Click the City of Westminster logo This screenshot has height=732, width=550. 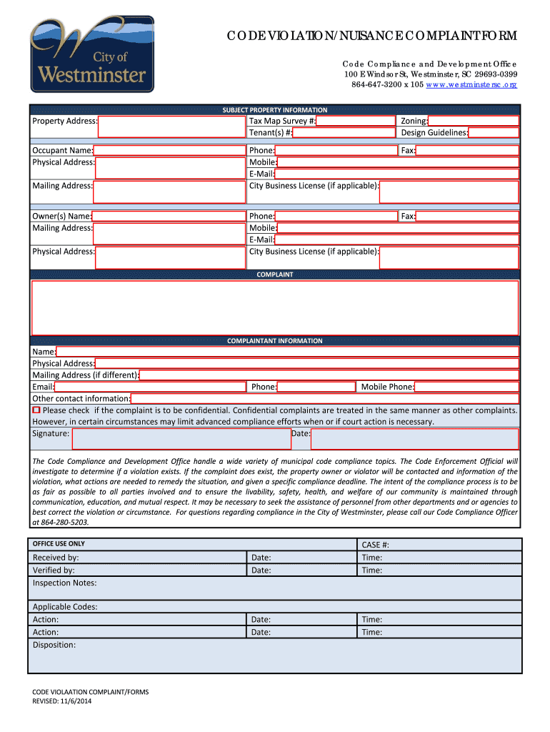tap(91, 55)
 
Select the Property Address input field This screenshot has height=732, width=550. tap(171, 127)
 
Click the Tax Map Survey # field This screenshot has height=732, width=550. tap(355, 121)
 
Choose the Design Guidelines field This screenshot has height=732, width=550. tap(494, 133)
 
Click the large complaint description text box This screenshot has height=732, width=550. tap(275, 307)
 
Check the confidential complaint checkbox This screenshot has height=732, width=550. tap(36, 410)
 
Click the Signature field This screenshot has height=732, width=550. tap(181, 438)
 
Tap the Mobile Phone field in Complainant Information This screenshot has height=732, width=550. tap(466, 387)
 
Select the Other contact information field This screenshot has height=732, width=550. tap(324, 398)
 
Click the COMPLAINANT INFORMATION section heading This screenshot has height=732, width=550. tap(275, 341)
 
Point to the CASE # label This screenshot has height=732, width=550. tap(376, 545)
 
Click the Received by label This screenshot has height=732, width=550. tap(56, 558)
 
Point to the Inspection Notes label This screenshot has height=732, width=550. tap(64, 583)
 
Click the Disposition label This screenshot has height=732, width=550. tap(54, 645)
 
